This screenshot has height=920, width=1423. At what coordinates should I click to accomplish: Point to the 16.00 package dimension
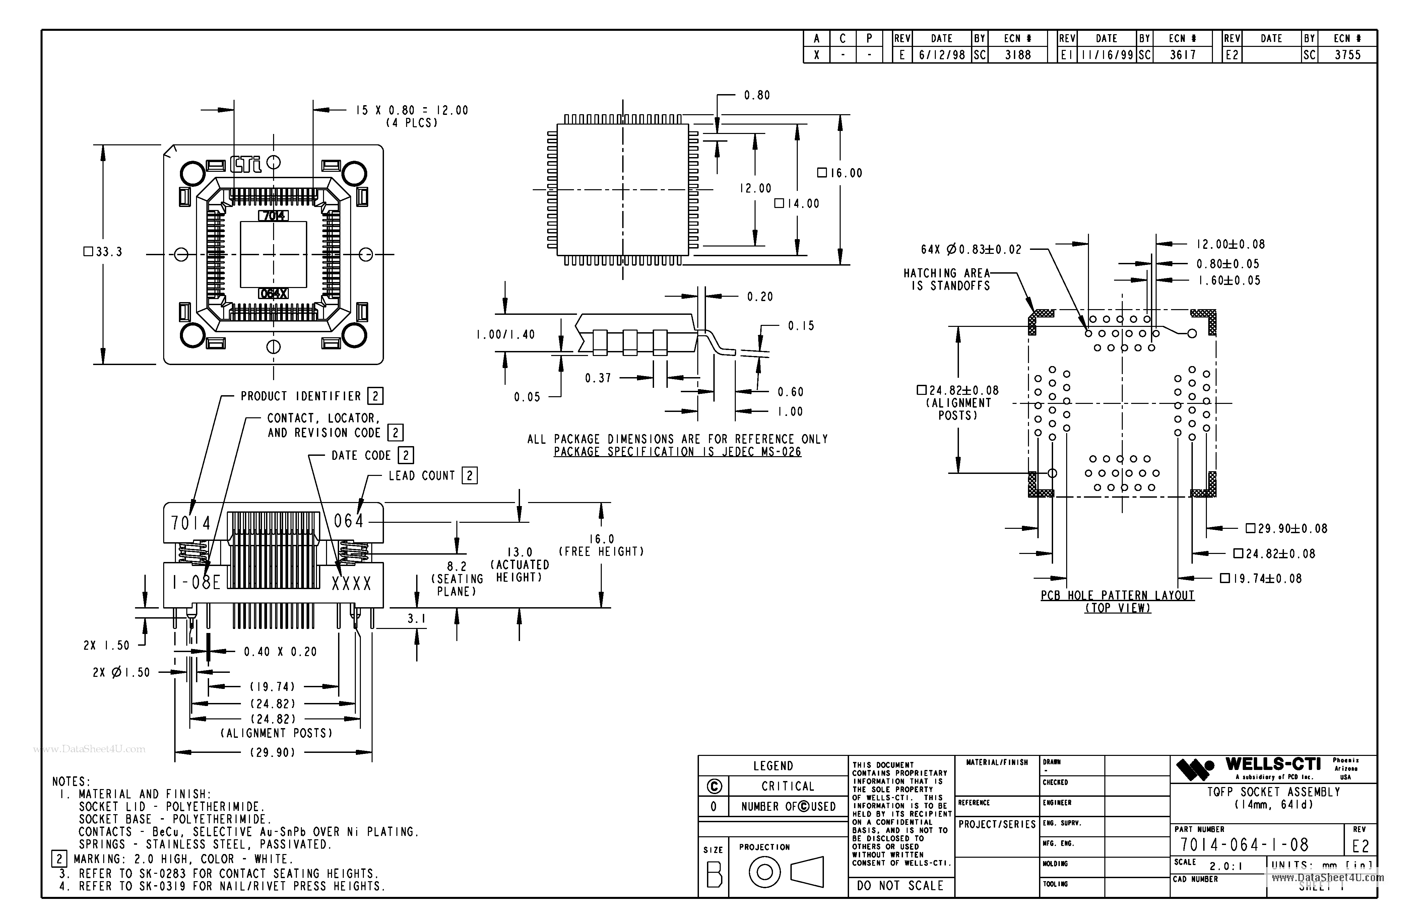[840, 173]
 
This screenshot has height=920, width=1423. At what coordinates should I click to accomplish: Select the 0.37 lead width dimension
[598, 378]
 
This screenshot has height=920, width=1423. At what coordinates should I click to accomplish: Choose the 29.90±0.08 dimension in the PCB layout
[1286, 529]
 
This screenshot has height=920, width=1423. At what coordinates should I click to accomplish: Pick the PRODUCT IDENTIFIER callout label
[301, 397]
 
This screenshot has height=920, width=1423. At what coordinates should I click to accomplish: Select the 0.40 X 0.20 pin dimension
[280, 652]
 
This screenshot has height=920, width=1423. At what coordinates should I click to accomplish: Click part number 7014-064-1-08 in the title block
[1244, 845]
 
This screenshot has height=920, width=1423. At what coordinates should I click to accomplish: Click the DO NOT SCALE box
[900, 886]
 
